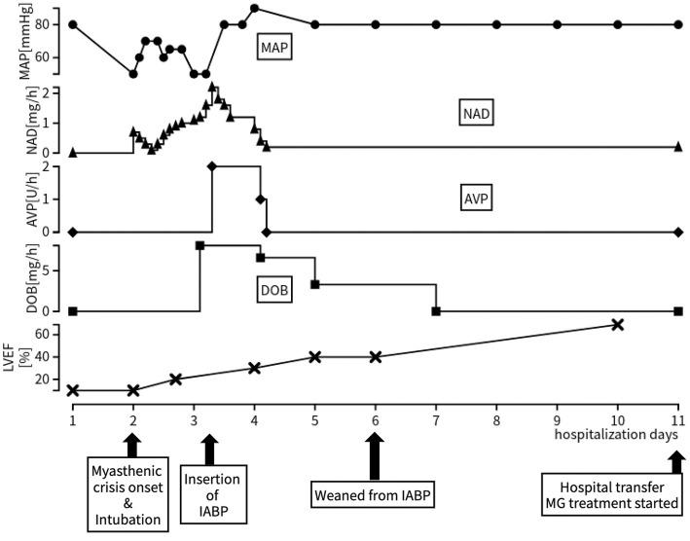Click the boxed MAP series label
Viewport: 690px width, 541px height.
tap(276, 46)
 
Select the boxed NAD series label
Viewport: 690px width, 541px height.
tap(477, 113)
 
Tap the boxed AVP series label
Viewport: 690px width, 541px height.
tap(477, 199)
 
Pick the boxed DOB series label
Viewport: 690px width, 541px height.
tap(277, 288)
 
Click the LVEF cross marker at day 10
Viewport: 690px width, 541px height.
tap(617, 323)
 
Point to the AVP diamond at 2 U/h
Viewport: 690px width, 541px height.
tap(211, 166)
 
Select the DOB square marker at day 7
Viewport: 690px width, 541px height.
tap(436, 311)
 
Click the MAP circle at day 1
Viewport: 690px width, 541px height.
tap(73, 24)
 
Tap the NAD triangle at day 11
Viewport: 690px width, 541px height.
tap(677, 147)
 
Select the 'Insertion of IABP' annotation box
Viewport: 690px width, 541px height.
tap(211, 493)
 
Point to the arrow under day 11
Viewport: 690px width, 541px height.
tap(677, 451)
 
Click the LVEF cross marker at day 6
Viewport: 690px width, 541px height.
tap(376, 356)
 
